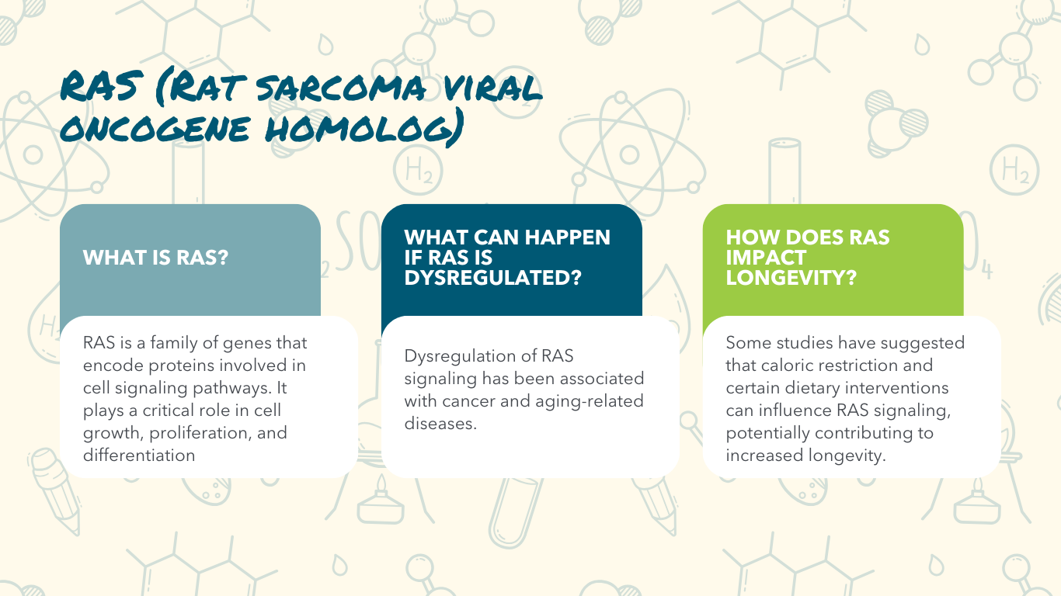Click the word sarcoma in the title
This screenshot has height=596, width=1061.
pyautogui.click(x=341, y=88)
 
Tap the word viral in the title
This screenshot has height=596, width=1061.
pyautogui.click(x=493, y=88)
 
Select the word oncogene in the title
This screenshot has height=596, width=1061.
pyautogui.click(x=155, y=128)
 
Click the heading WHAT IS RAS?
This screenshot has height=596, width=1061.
pyautogui.click(x=155, y=258)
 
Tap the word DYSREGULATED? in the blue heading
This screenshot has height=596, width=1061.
pyautogui.click(x=492, y=277)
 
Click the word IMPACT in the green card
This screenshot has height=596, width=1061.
pyautogui.click(x=766, y=258)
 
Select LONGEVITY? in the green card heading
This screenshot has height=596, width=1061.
pyautogui.click(x=791, y=277)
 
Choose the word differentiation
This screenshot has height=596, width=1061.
pyautogui.click(x=139, y=455)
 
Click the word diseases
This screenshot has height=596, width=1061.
pyautogui.click(x=440, y=423)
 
